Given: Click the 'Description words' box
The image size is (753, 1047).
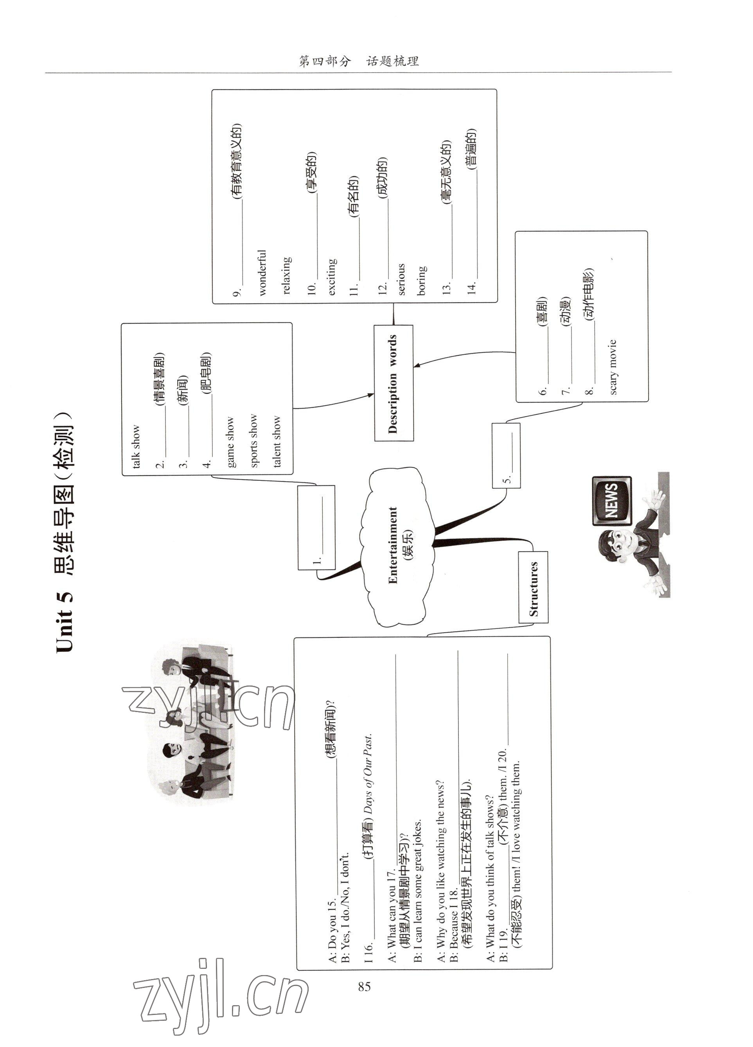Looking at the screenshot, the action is coord(393,383).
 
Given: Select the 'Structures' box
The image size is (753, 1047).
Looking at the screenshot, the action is coord(533,587).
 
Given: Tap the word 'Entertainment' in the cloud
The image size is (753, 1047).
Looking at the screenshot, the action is coord(393,545).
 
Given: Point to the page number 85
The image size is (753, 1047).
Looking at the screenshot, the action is coord(364,986).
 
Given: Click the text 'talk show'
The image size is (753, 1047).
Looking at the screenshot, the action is coord(135,446).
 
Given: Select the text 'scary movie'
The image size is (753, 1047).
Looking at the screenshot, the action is coord(613,367).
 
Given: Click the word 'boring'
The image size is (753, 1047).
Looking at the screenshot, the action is coord(421,280).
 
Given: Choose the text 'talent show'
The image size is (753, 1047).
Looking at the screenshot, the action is coord(276,441).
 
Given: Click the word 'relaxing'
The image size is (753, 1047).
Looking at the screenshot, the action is coord(286,275).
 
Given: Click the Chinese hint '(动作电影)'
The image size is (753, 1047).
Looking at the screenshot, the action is coord(589,294).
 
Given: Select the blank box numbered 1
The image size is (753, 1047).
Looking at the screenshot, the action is coord(316,527).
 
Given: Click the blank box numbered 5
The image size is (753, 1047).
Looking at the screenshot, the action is coord(506,455).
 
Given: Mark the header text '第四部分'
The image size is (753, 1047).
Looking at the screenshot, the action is coord(325,61).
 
